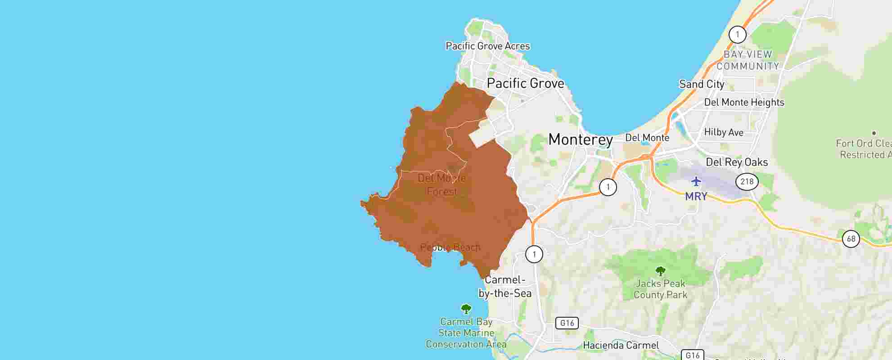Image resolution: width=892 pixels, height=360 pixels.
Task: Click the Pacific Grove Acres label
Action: [487, 46]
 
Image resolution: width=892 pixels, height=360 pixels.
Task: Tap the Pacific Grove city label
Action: [525, 83]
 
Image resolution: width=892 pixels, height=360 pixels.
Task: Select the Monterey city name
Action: [580, 139]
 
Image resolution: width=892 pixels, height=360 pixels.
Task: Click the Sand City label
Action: [701, 84]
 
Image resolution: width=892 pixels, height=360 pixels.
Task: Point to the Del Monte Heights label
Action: [743, 102]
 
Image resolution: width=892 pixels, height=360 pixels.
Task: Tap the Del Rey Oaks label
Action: [736, 162]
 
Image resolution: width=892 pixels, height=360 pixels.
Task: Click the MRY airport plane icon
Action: [696, 181]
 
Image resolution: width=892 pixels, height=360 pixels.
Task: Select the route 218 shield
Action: [747, 181]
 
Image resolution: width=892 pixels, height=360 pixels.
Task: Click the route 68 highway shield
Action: [851, 238]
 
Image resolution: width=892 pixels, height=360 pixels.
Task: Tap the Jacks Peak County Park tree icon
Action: [660, 271]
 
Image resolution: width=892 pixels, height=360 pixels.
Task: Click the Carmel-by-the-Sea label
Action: [505, 286]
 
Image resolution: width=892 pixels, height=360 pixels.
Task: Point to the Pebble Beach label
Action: [450, 247]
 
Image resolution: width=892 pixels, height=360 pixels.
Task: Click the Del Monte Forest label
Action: [441, 184]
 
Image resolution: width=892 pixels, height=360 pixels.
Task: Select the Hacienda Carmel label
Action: [621, 345]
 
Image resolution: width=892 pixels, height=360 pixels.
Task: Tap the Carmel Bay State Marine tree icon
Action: [466, 309]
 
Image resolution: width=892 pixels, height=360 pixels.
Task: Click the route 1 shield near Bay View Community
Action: [737, 34]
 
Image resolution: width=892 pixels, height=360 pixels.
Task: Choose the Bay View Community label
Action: [748, 60]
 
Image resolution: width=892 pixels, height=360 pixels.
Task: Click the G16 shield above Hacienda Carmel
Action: [567, 323]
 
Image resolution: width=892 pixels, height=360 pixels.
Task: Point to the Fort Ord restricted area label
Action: [863, 149]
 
